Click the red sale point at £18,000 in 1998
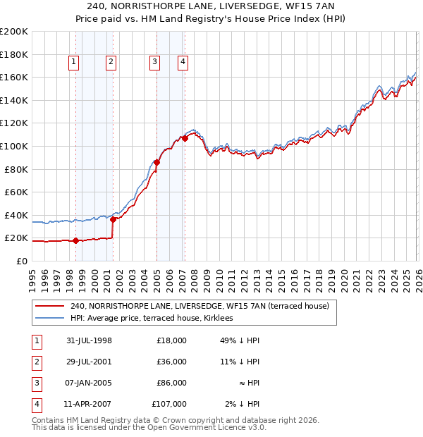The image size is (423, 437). point(76,240)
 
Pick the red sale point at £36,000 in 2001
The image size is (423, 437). point(113,219)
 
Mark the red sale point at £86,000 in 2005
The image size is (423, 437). point(157,162)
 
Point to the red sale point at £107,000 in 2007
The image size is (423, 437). point(185,138)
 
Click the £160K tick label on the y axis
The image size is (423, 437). point(15,77)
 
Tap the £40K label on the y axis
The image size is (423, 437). point(17,215)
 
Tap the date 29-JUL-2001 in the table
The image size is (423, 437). point(89,362)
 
